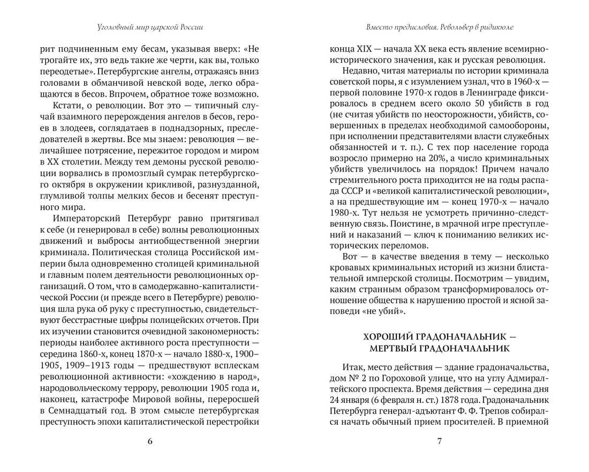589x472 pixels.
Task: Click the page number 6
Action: coord(149,441)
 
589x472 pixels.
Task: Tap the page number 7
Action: coord(439,441)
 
